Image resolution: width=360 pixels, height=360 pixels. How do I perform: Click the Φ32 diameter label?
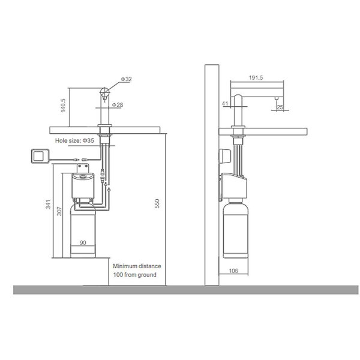126,79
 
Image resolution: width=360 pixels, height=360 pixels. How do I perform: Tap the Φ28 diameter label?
118,105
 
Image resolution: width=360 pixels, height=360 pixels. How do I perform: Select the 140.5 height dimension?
63,106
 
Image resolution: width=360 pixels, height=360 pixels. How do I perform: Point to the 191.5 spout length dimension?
256,78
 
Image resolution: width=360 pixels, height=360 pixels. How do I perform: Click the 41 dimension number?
225,104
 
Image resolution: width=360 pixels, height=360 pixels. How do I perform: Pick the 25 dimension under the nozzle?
280,107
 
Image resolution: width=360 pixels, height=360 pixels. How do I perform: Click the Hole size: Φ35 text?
74,140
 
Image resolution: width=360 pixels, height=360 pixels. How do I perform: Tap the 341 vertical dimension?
48,205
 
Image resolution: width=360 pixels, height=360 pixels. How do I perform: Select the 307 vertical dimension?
59,211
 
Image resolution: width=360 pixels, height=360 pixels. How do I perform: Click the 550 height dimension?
157,203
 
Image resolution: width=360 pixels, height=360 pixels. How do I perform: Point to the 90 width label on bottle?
83,242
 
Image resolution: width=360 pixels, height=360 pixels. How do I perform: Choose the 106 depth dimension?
233,271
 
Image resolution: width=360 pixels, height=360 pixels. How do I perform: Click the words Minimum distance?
137,266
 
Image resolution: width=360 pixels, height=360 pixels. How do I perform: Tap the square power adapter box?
40,156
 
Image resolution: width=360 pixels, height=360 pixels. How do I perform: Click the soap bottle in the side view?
236,229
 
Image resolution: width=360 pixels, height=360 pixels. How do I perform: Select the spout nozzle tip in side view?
277,98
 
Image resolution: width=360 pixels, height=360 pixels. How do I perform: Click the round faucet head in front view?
104,92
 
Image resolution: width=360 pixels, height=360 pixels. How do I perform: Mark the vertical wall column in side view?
212,175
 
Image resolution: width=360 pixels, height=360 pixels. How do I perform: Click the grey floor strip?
186,290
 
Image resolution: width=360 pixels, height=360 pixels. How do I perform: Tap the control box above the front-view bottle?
83,186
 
